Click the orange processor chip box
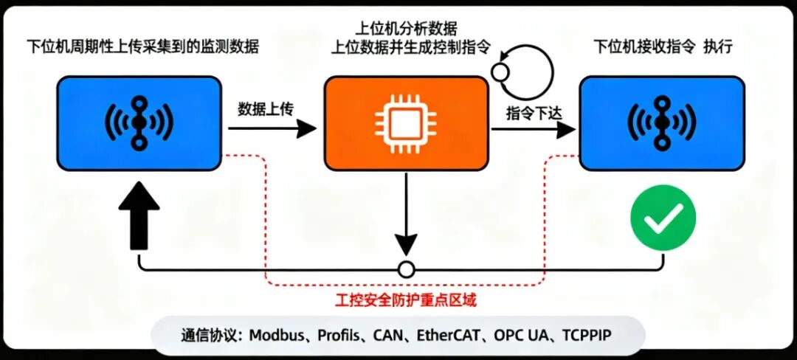click(x=406, y=123)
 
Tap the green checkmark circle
click(x=663, y=217)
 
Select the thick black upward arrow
click(x=139, y=217)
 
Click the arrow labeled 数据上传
click(x=272, y=129)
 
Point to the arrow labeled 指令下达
click(x=534, y=130)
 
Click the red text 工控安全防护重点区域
click(x=406, y=300)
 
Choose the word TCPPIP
click(x=587, y=336)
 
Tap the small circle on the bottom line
click(x=406, y=269)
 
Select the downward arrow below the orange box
click(x=406, y=213)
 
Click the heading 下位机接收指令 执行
click(x=663, y=46)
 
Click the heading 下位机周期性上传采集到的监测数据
click(x=143, y=47)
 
